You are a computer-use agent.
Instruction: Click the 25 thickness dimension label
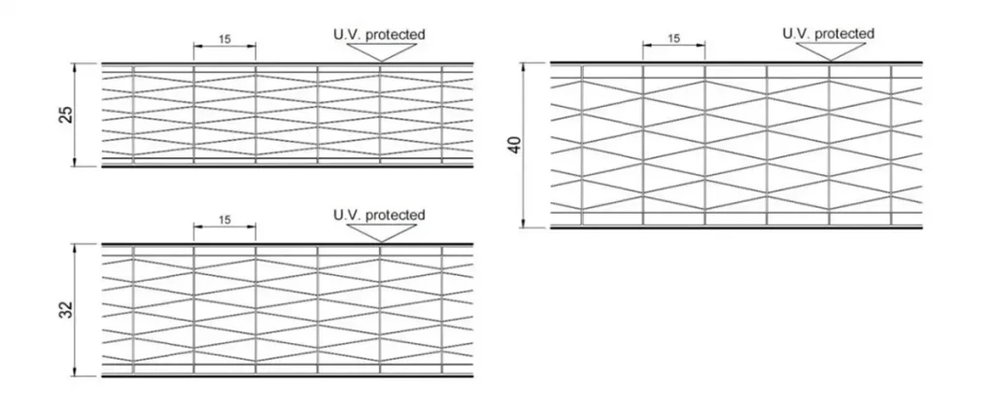pos(65,115)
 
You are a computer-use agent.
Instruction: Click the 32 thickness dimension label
pos(65,310)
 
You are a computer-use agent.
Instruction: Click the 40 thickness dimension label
pos(514,146)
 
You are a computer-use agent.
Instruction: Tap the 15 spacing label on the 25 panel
pos(224,40)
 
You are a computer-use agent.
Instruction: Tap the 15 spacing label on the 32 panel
pos(224,221)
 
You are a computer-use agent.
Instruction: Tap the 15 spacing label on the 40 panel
pos(673,39)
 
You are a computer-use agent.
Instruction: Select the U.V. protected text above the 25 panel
pos(379,35)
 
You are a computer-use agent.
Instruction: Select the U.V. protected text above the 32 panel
pos(379,215)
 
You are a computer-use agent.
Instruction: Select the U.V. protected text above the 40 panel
pos(828,34)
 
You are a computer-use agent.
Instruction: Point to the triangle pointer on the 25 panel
pos(379,52)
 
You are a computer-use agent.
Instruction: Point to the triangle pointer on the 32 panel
pos(379,231)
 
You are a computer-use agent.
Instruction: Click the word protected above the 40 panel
pos(844,34)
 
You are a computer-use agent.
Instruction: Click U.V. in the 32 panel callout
pos(347,215)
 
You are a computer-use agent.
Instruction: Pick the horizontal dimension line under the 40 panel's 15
pos(673,47)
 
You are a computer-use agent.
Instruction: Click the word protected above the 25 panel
pos(395,35)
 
